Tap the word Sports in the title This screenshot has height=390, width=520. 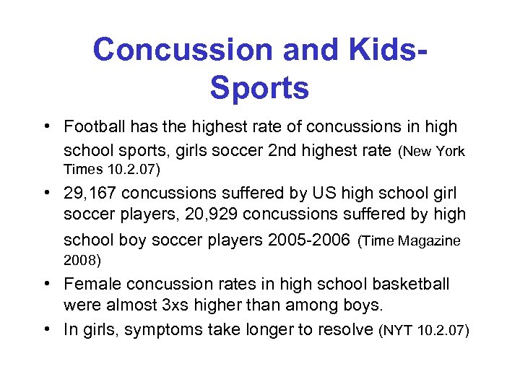(x=259, y=88)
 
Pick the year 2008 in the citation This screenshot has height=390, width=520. (x=82, y=259)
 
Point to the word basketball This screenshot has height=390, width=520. (x=409, y=284)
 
